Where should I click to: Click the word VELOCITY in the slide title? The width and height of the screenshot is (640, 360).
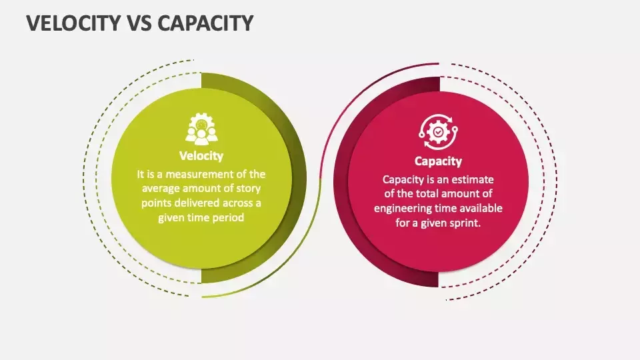[74, 23]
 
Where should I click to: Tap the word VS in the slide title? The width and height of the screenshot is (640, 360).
[140, 23]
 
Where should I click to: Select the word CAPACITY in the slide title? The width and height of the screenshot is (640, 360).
[206, 23]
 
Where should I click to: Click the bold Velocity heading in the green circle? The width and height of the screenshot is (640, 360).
[201, 156]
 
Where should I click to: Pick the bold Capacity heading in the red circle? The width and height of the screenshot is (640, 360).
[438, 161]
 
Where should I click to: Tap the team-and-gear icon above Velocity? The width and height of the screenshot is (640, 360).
[201, 129]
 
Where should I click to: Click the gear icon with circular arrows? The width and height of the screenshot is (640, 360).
[438, 132]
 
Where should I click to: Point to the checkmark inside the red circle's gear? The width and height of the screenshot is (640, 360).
[438, 132]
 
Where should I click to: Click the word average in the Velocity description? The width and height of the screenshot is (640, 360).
[161, 189]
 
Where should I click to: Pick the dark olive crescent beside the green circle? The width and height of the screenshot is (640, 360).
[297, 179]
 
